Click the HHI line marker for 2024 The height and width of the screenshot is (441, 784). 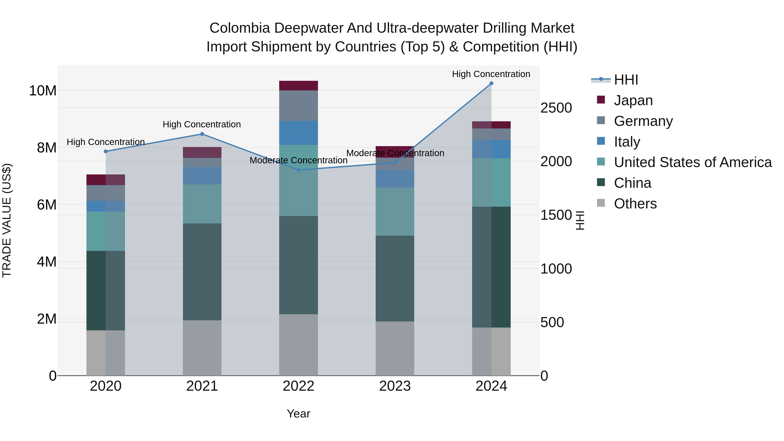click(491, 83)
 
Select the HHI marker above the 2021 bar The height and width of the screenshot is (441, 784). click(202, 134)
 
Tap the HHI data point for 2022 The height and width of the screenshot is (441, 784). click(299, 170)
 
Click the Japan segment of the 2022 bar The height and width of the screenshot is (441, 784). click(299, 86)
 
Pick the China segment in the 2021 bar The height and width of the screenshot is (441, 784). click(202, 272)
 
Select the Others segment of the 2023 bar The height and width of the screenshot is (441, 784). click(395, 348)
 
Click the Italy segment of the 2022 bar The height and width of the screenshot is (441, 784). click(299, 133)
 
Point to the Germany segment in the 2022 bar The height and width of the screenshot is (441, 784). click(299, 106)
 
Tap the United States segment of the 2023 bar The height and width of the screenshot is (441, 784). click(395, 211)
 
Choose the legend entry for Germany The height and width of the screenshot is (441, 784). click(643, 121)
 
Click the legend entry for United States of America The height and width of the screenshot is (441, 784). click(692, 162)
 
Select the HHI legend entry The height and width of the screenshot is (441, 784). click(626, 80)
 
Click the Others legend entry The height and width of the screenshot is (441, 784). click(635, 204)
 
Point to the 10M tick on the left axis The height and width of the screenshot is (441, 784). click(43, 91)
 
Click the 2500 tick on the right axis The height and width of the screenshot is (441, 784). click(556, 108)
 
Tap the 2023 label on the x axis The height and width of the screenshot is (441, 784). click(395, 386)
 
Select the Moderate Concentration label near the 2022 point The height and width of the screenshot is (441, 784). click(298, 160)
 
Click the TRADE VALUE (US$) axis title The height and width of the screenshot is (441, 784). click(7, 220)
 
